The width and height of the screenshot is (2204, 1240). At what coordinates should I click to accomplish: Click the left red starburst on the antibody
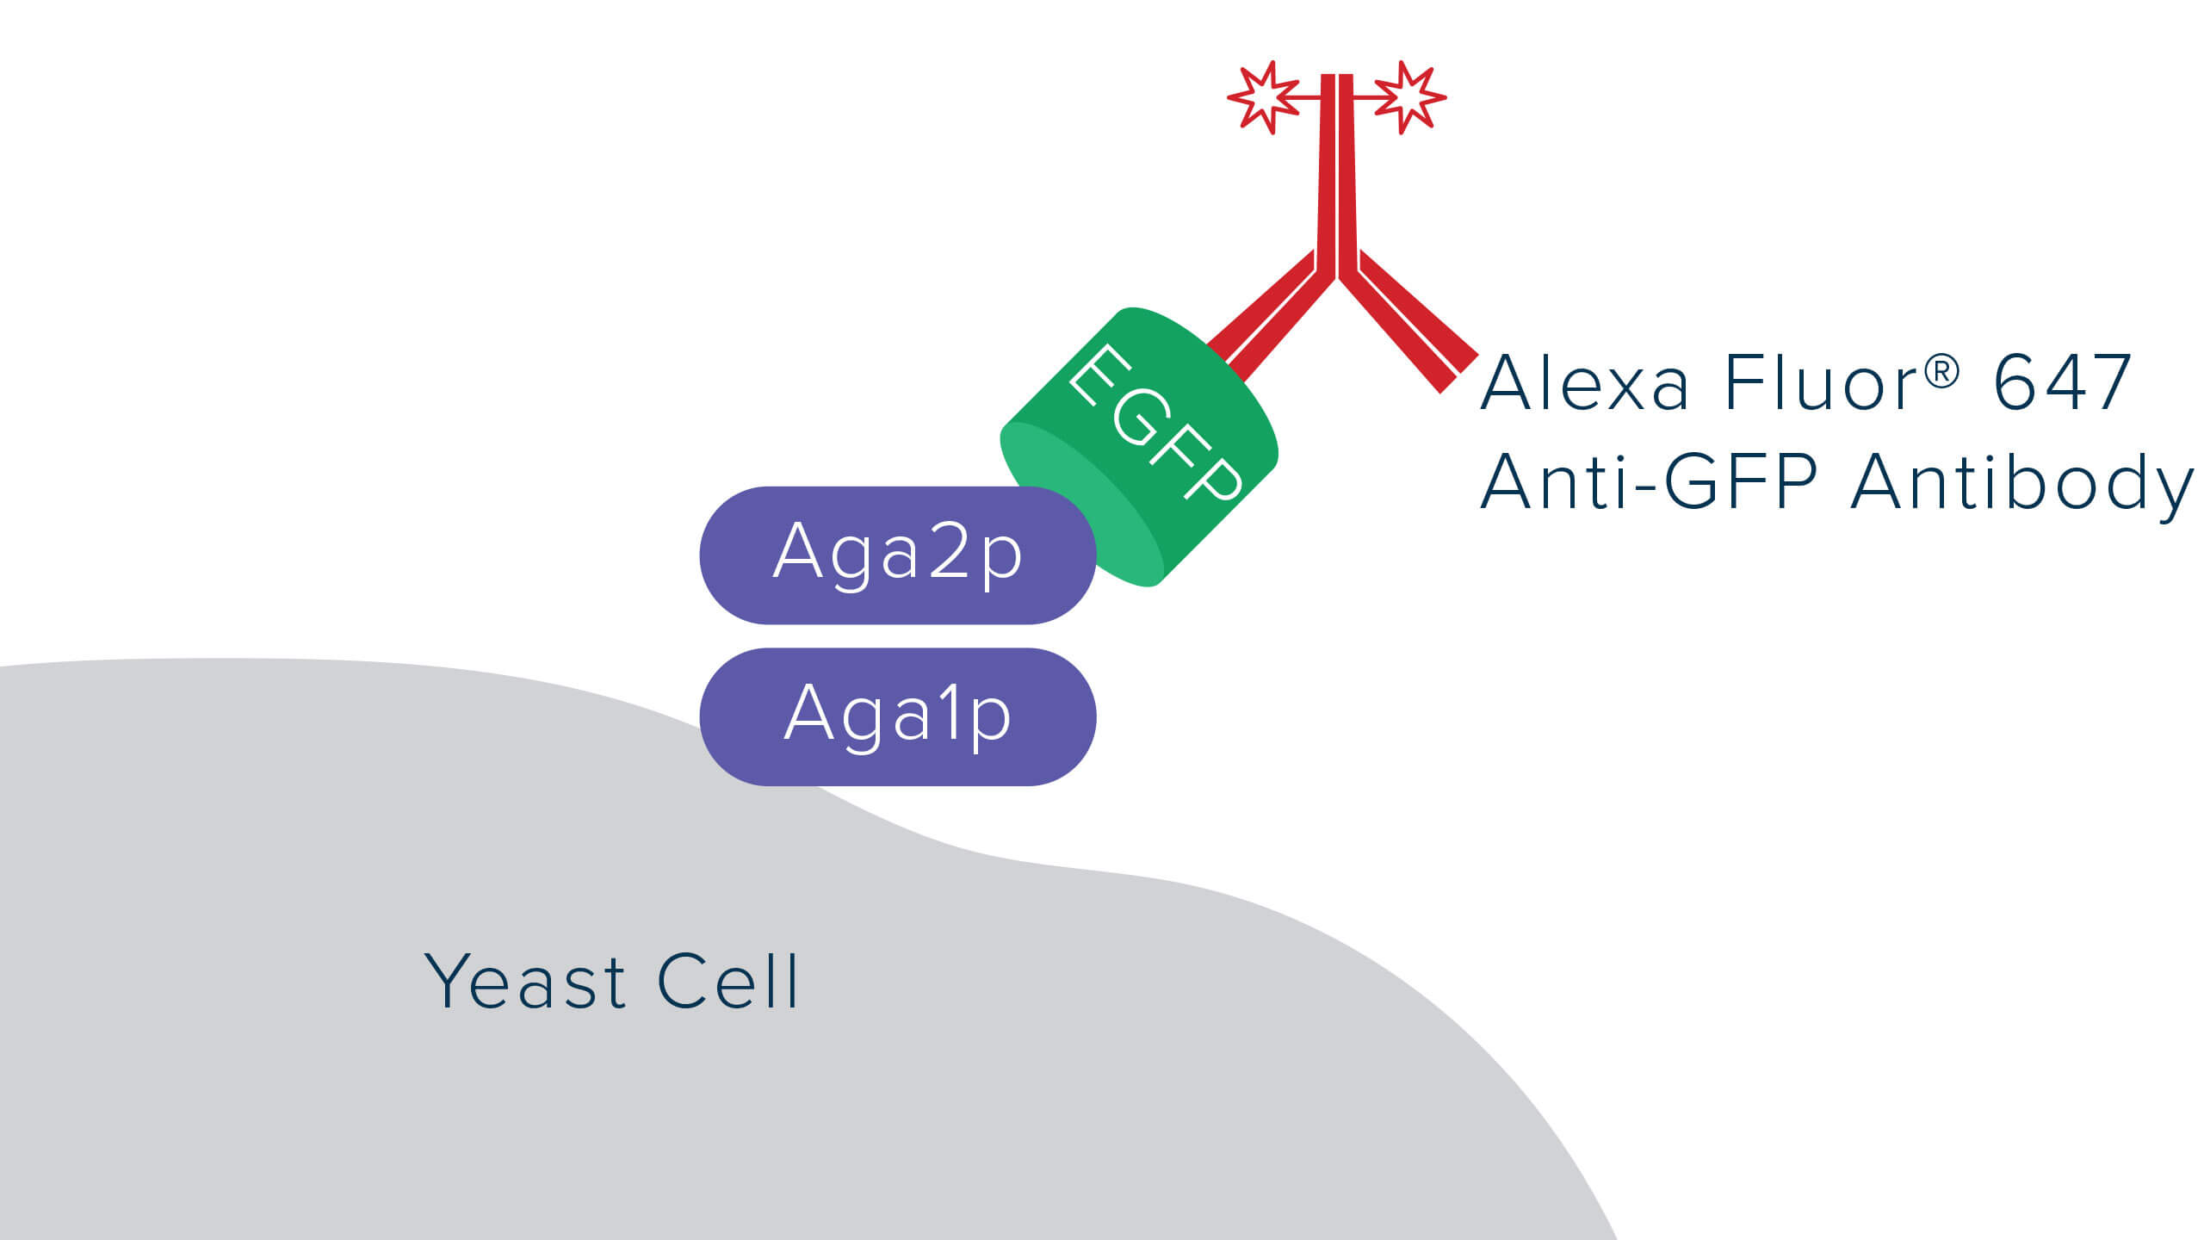pyautogui.click(x=1263, y=97)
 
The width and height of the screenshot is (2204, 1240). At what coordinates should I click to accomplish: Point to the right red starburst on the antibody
pyautogui.click(x=1409, y=97)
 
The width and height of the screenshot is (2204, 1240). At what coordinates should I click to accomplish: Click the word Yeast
pyautogui.click(x=524, y=982)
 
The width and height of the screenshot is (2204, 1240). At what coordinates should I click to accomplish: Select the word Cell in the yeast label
pyautogui.click(x=728, y=982)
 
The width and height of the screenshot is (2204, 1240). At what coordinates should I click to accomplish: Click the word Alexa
pyautogui.click(x=1584, y=383)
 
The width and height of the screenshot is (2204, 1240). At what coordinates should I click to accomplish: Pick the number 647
pyautogui.click(x=2061, y=383)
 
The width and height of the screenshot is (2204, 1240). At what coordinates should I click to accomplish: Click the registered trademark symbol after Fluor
pyautogui.click(x=1941, y=372)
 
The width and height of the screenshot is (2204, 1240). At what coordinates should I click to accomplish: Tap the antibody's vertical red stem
pyautogui.click(x=1337, y=172)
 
